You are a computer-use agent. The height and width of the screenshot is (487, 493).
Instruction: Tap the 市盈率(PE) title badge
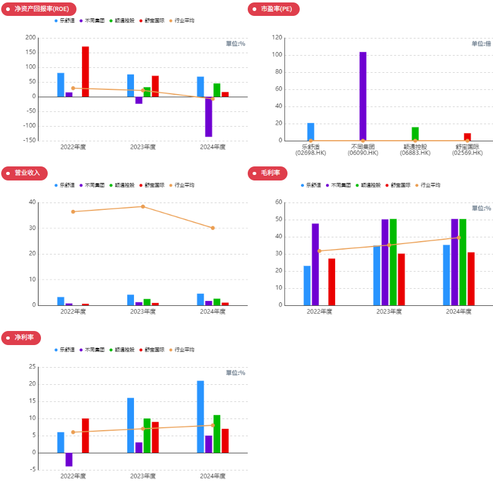tap(273, 9)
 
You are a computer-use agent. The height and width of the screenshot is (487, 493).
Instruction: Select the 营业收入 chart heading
tap(24, 173)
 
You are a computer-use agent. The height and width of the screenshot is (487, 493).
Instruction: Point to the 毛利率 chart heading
tap(267, 173)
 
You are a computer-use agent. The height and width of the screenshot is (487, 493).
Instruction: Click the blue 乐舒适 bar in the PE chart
tap(311, 132)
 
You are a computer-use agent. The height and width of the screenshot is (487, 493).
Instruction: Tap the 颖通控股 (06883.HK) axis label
tap(415, 150)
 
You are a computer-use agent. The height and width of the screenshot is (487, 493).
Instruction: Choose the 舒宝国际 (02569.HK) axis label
tap(467, 150)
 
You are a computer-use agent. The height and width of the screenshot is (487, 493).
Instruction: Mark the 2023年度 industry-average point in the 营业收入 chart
tap(143, 207)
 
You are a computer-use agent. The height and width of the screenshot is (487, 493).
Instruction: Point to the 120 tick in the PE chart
tap(277, 38)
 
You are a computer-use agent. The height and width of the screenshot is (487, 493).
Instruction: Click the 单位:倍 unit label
tap(481, 44)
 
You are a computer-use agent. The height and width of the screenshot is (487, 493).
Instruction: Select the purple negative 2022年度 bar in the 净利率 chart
tap(69, 459)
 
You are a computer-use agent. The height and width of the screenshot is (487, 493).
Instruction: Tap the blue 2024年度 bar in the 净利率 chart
tap(201, 417)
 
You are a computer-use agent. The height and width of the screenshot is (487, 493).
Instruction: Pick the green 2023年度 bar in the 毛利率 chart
tap(393, 262)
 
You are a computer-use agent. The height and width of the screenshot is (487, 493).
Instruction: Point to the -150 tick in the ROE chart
tap(28, 141)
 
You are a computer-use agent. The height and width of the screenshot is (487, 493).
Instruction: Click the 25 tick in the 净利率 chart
tap(32, 367)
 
